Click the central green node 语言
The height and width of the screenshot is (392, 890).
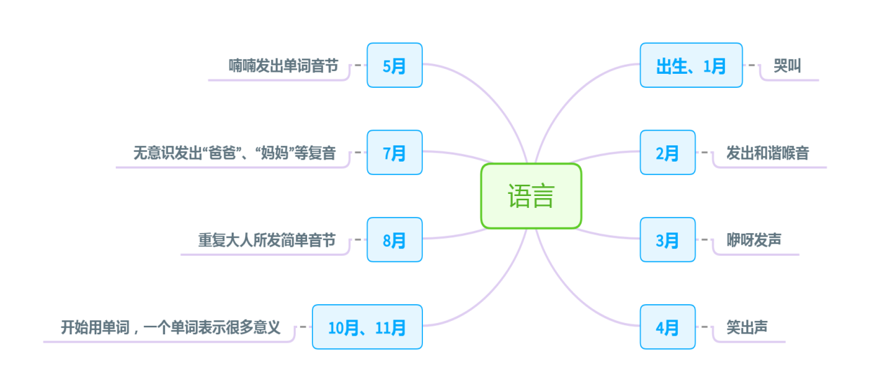531,196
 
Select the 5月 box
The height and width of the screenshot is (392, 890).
394,65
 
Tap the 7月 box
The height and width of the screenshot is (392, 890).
394,152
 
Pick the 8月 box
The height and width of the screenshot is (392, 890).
394,240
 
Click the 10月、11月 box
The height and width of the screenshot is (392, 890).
367,327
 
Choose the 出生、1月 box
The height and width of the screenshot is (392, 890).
691,65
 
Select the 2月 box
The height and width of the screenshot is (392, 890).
667,152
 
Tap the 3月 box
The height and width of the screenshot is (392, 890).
667,240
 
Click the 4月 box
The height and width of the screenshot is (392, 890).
667,327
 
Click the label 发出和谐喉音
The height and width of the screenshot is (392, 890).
767,153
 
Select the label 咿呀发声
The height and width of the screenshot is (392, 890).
753,240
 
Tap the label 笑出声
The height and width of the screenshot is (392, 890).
747,327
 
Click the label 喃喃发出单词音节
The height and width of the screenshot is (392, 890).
283,66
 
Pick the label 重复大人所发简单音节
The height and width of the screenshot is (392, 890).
266,240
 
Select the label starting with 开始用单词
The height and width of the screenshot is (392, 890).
171,327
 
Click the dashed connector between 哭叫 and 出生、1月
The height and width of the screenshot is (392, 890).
752,65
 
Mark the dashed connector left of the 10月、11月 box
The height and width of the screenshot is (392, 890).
303,327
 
